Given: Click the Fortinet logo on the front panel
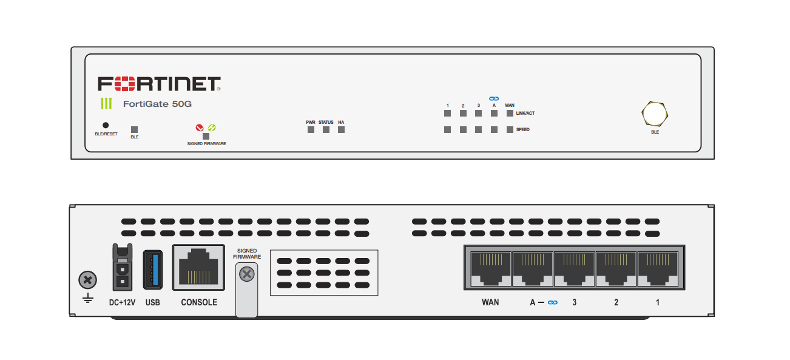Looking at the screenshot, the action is point(159,84).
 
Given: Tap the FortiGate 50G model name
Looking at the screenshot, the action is point(157,104).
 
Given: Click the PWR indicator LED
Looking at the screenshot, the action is point(311,129).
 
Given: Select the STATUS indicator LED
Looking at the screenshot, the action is point(326,129).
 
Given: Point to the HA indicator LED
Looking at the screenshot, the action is point(341,129).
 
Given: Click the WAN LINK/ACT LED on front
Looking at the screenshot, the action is point(510,114).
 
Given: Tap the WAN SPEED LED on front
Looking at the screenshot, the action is point(510,129).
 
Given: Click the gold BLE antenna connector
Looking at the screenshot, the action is point(655,114).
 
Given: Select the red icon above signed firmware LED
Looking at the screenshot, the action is point(200,127).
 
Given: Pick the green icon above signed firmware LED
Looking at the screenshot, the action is point(212,127).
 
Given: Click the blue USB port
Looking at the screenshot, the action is point(153,270).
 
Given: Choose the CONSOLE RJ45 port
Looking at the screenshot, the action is point(198,268).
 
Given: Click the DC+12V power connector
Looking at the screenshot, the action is point(123,267).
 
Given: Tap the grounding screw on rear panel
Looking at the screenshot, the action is point(88,280).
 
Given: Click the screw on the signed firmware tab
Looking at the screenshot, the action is point(247,274).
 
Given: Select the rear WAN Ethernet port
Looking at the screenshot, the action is point(491,269).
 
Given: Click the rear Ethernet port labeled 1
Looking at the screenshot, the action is point(658,269).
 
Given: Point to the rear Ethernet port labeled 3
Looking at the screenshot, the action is point(574,269).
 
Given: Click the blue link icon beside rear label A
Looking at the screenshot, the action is point(553,302).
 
